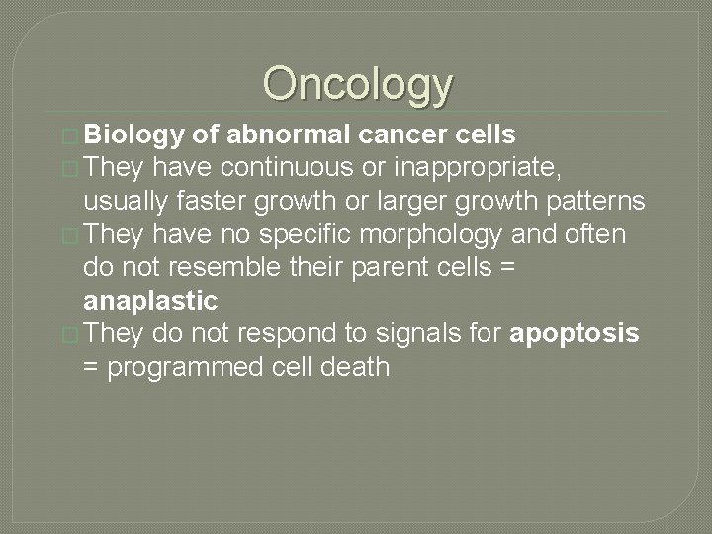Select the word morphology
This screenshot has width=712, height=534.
[445, 234]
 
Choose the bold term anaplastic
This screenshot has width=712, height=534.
[150, 301]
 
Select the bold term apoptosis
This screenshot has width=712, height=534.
[574, 333]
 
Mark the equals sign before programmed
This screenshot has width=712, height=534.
[94, 368]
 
